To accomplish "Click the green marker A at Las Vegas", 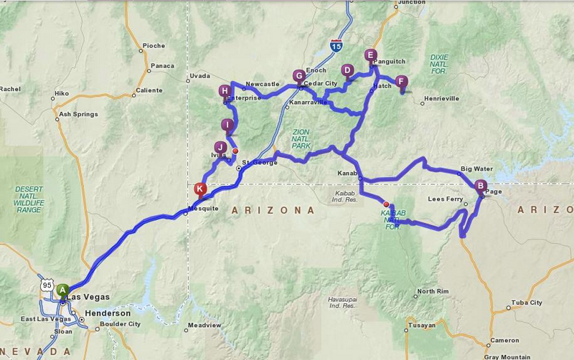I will click(62, 290).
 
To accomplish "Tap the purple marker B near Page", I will click(481, 185).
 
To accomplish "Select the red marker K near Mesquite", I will click(200, 189).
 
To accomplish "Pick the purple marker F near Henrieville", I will click(401, 82).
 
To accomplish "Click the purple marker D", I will click(347, 70).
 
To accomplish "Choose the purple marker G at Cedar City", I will click(299, 76).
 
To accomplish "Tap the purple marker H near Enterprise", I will click(225, 91).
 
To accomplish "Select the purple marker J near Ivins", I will click(220, 147).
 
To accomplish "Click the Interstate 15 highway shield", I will click(336, 46).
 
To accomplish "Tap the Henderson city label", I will click(108, 313).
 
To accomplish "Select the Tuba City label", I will click(527, 303).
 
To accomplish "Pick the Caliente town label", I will click(149, 91).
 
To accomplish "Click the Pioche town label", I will click(153, 46).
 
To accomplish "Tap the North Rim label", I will click(433, 292).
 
